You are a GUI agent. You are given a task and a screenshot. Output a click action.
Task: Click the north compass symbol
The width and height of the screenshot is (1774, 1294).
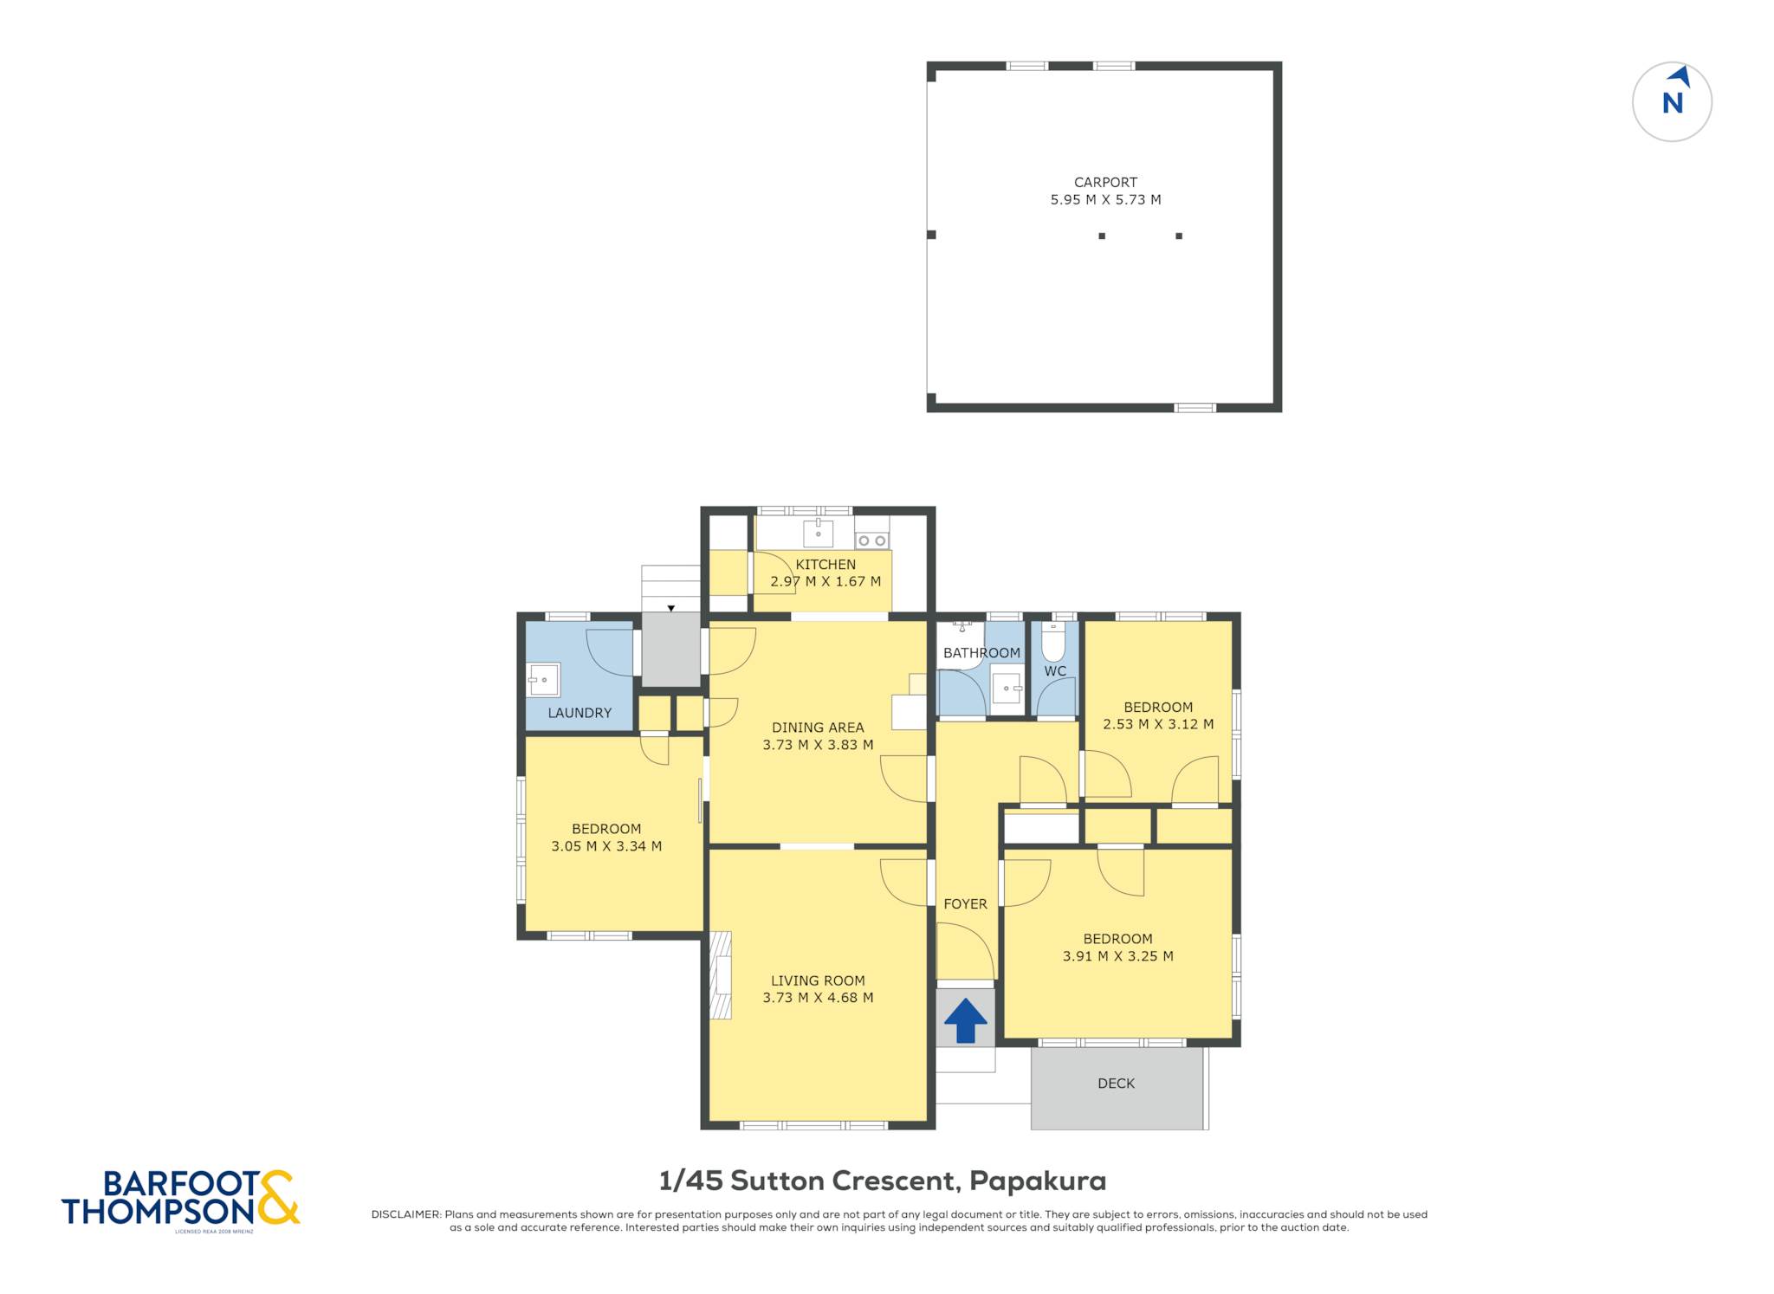pos(1672,101)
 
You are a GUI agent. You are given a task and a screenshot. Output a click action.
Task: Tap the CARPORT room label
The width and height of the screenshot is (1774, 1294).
pos(1105,182)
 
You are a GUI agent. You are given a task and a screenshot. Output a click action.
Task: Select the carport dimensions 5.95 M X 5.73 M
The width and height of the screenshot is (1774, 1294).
pos(1105,199)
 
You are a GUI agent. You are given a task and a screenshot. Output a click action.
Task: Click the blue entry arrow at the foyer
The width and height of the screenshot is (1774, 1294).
pos(965,1020)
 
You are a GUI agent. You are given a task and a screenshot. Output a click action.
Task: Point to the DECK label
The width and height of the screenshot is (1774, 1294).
pos(1116,1084)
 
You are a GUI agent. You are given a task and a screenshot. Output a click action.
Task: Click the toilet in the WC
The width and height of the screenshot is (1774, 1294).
pos(1053,641)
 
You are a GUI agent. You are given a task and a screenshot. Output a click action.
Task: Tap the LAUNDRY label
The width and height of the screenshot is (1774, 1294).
pos(579,713)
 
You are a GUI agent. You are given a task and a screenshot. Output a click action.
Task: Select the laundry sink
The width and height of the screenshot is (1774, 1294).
pos(543,680)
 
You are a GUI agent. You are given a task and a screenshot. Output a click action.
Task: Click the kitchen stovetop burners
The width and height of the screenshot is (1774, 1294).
pos(871,540)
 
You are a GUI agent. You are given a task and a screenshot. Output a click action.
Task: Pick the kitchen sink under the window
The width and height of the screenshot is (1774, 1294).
pos(818,534)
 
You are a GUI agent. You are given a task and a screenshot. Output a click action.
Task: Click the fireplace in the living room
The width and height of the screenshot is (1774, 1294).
pos(721,975)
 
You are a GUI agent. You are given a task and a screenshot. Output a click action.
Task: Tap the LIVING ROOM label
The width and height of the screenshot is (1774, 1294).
pos(818,980)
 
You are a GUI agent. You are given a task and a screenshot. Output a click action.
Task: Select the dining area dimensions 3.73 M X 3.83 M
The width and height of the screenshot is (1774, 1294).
pos(818,745)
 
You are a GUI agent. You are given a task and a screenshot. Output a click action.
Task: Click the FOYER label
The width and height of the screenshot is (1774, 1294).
pos(965,904)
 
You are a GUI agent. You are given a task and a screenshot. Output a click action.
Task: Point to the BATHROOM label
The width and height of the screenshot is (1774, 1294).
pos(981,653)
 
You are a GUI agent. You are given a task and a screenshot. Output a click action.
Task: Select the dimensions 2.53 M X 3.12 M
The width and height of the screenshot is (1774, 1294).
pos(1158,724)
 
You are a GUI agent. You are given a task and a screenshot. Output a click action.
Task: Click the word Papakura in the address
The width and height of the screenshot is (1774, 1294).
pos(1038,1181)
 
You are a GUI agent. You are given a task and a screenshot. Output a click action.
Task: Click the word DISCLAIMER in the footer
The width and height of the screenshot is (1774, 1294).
pos(406,1214)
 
